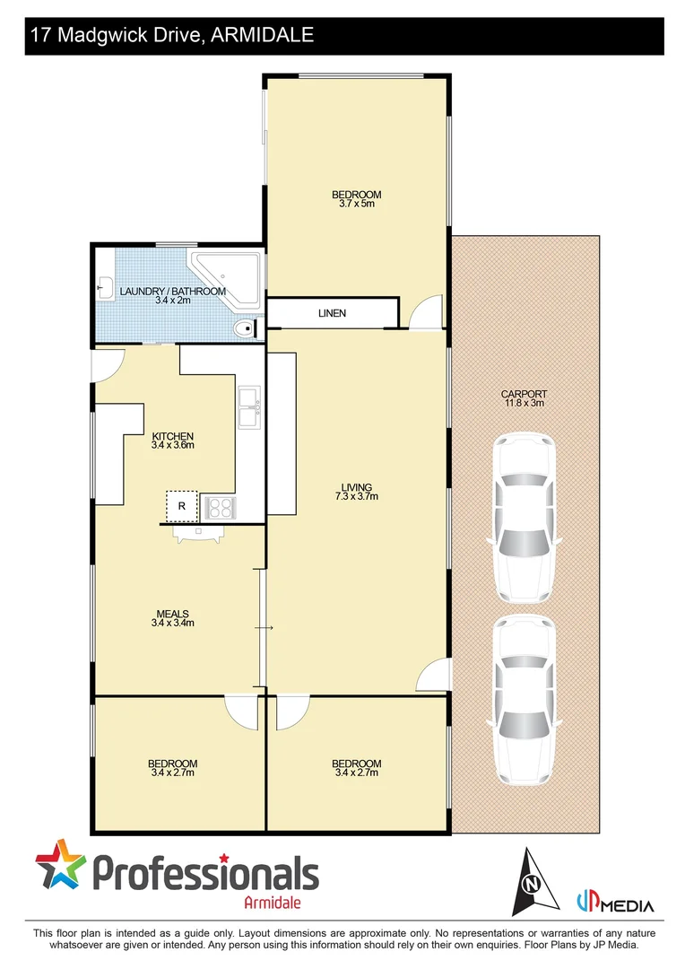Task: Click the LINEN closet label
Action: [332, 313]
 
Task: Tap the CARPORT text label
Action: [525, 394]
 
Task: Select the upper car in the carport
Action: [524, 518]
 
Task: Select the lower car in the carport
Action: [524, 700]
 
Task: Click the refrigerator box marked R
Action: [182, 506]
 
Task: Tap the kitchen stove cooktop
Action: [220, 508]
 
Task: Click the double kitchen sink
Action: [249, 408]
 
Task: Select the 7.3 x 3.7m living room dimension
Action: [356, 496]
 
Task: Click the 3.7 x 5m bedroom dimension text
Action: [357, 204]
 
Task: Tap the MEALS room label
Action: [173, 615]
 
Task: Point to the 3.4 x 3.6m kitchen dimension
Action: [173, 445]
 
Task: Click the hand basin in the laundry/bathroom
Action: [103, 289]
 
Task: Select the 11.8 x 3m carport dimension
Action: [525, 404]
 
